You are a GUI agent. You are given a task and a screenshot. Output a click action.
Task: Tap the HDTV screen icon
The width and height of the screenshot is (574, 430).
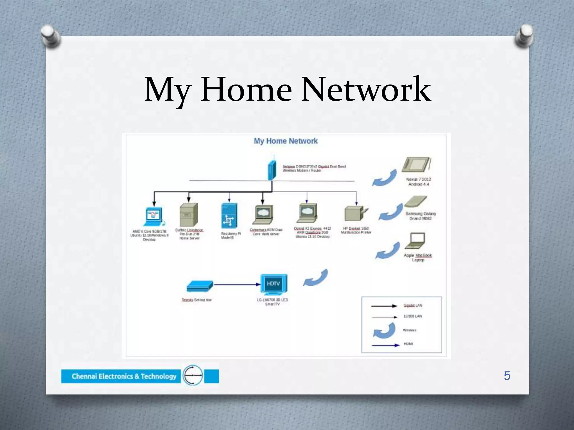[274, 284]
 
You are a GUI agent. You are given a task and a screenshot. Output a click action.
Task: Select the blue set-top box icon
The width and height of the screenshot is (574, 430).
[200, 286]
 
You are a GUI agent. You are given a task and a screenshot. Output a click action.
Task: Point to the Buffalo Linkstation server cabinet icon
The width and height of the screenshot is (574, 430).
[189, 215]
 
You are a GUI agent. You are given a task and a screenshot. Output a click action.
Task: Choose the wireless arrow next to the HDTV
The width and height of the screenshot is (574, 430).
[316, 278]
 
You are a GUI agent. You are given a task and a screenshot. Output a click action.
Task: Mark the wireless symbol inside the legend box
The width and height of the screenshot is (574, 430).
[384, 330]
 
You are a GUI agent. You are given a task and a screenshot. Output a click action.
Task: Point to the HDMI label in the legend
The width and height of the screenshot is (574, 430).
[408, 344]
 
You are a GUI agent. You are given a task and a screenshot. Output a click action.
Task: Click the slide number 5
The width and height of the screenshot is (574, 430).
[507, 376]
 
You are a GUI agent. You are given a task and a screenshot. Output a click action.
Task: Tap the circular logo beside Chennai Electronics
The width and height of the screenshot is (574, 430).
[193, 375]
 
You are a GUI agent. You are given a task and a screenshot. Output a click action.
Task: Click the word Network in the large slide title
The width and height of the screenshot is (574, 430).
[366, 90]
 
